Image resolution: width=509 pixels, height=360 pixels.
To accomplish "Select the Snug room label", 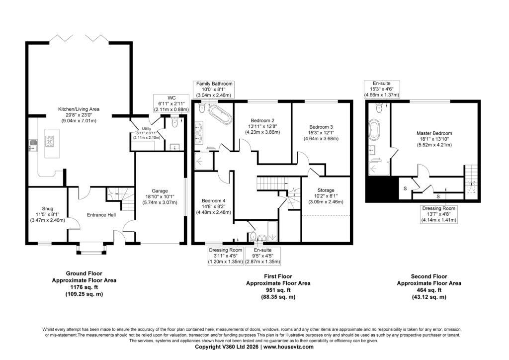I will click(47, 209).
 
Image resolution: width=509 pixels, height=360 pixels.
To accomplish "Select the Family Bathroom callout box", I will click(214, 90).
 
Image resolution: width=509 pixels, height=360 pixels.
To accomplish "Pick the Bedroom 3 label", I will click(321, 127).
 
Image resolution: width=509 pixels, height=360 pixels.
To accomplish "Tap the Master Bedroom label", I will click(434, 133).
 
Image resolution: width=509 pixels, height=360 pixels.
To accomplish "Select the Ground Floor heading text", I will click(84, 273).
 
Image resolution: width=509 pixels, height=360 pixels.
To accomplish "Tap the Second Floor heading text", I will click(429, 276).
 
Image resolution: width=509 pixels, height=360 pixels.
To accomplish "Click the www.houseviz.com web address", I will click(289, 347).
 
